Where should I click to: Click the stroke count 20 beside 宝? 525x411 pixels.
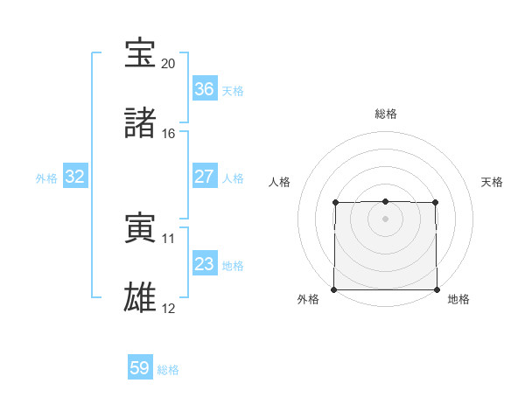169,64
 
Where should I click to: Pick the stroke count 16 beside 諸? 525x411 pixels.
169,134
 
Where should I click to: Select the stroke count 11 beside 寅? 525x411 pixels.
169,239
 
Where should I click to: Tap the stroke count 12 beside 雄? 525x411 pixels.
169,309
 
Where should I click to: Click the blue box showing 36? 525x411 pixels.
204,89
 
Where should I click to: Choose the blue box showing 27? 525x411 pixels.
204,177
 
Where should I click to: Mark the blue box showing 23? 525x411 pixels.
204,264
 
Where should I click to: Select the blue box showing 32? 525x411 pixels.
75,177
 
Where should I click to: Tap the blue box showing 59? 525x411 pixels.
140,368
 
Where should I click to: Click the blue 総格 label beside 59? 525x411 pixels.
168,370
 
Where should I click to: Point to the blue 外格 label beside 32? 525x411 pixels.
46,178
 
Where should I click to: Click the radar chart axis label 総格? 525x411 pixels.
386,114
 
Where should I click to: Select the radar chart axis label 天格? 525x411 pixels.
493,182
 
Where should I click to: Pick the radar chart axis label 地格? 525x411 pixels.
458,300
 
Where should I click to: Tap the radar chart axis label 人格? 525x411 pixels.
279,182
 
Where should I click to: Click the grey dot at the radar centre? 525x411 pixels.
385,219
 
